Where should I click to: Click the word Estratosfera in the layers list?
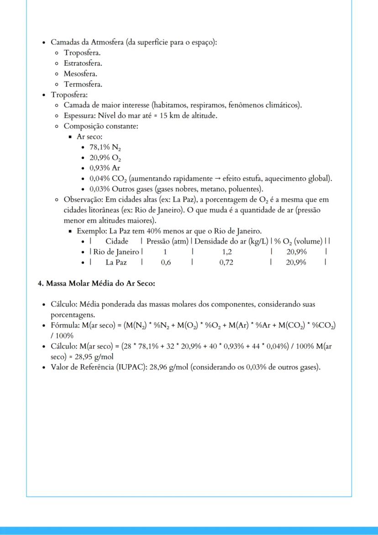83,64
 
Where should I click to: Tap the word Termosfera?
83,85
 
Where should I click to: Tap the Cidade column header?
117,241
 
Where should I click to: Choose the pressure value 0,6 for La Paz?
166,262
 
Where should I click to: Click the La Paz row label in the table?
116,262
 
